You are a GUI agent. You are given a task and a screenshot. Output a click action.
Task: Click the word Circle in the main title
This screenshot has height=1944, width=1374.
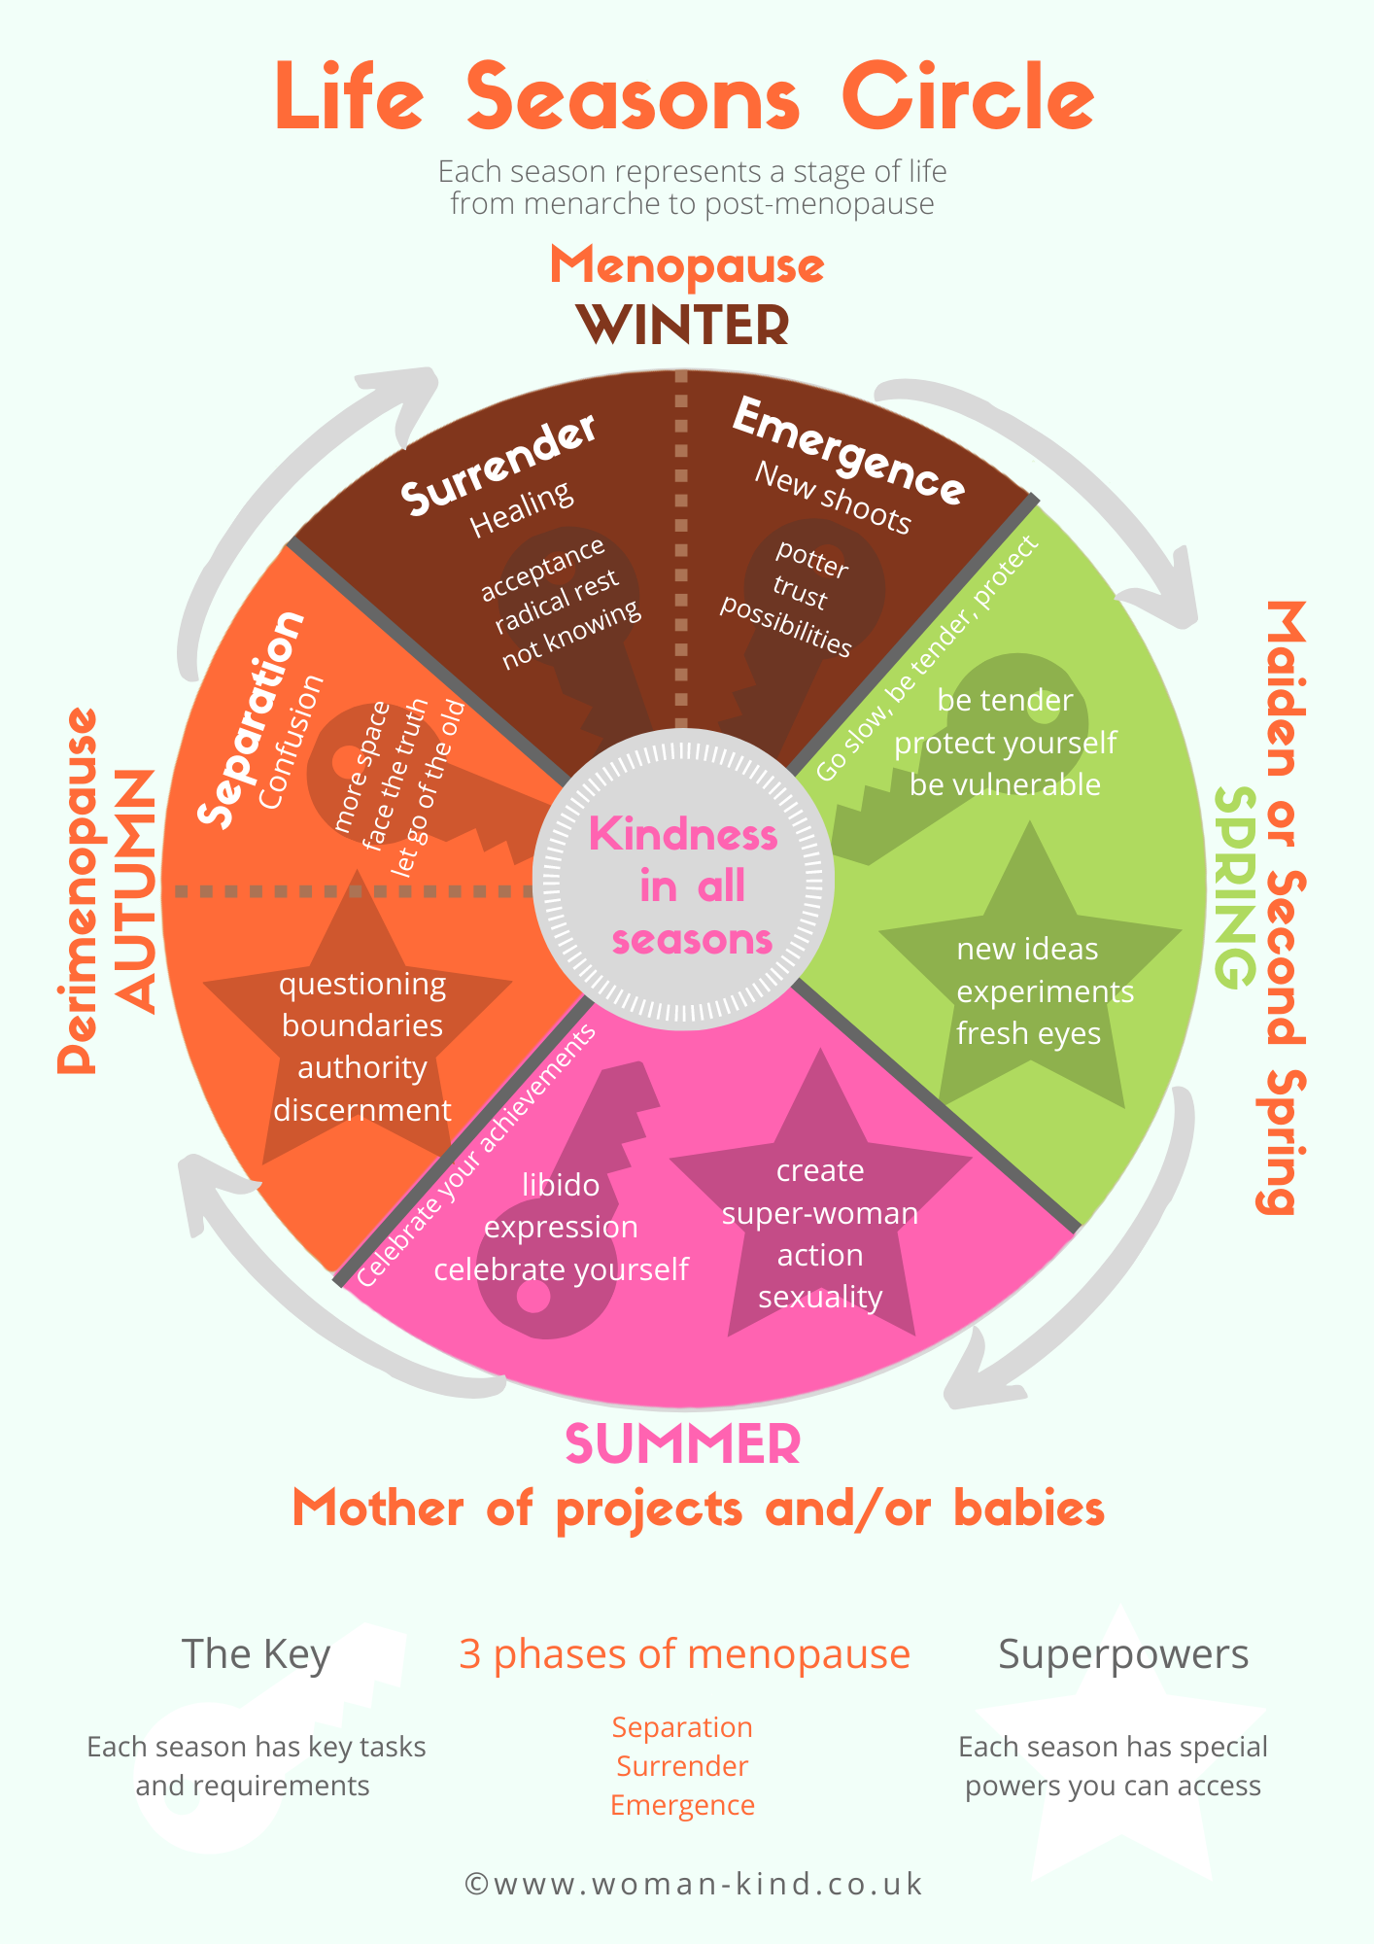(968, 97)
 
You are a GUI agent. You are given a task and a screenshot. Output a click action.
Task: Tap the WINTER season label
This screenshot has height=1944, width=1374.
(683, 326)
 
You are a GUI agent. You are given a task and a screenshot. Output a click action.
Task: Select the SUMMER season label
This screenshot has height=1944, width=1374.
(683, 1444)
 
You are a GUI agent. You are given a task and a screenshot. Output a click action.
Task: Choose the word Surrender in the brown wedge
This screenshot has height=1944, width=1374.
(498, 466)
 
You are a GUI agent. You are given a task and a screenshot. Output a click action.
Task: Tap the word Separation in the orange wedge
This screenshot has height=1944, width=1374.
(252, 719)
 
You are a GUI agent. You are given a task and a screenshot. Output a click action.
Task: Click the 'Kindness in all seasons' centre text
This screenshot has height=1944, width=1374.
(684, 886)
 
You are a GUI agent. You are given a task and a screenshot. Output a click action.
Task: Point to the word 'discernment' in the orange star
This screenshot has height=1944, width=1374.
(362, 1110)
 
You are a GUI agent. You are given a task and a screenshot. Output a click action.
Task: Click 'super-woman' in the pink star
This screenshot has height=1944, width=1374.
(820, 1213)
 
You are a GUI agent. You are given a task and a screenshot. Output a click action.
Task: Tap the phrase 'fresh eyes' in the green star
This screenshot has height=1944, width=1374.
(1028, 1033)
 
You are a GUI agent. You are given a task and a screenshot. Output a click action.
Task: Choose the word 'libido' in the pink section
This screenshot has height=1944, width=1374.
(561, 1185)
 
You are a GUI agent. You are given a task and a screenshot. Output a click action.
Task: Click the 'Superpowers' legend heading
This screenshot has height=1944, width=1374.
(1123, 1655)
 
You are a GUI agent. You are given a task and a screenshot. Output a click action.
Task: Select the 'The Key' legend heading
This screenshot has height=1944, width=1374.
(257, 1655)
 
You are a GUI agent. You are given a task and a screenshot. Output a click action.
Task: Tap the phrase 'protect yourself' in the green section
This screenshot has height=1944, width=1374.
(1005, 743)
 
